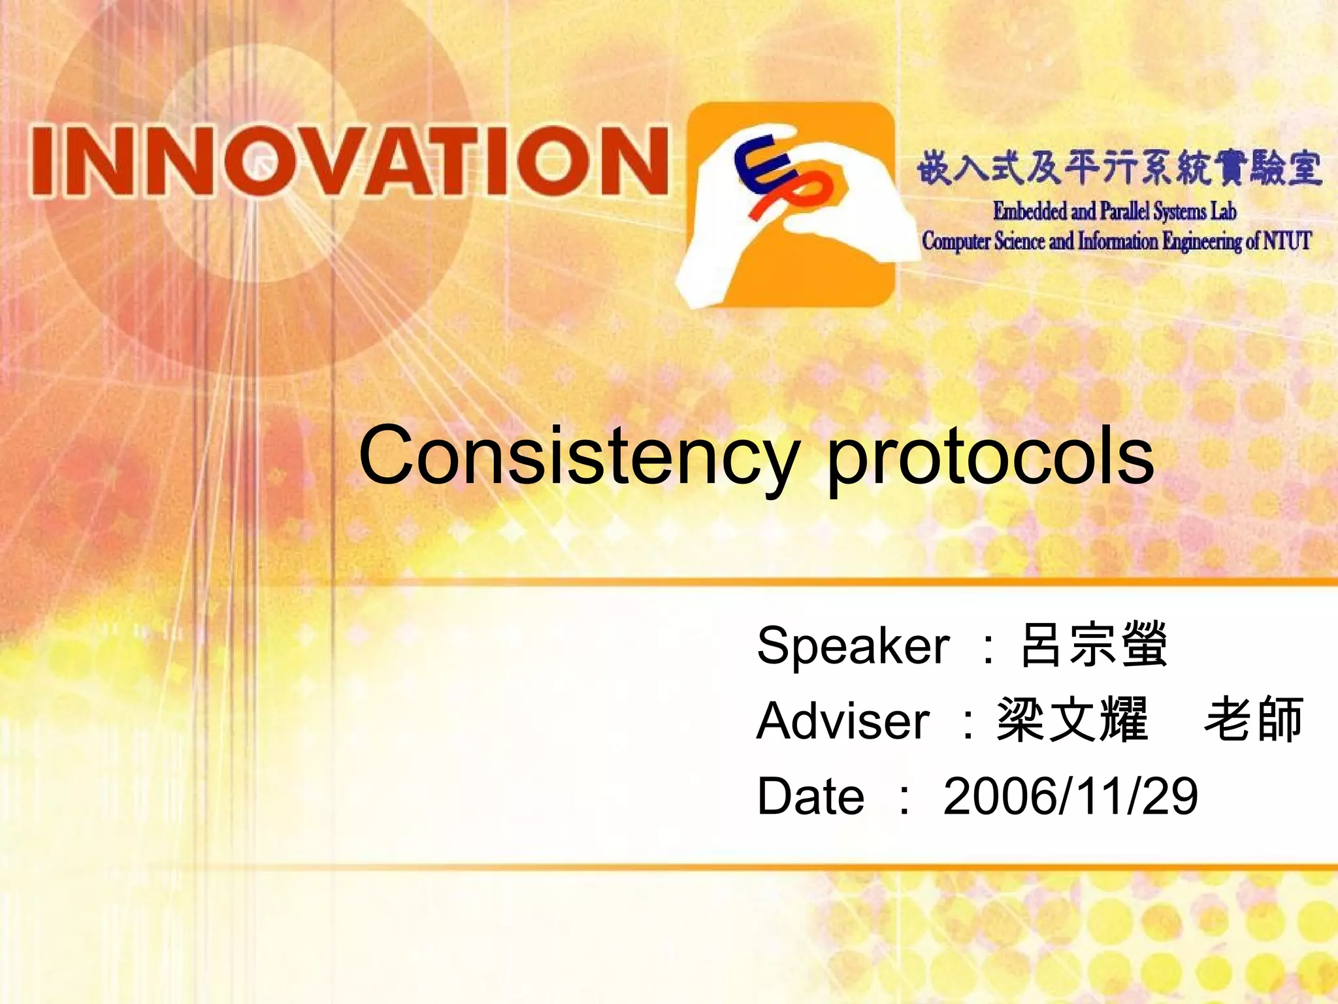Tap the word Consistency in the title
pos(578,456)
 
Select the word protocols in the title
pos(990,458)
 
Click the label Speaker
pos(853,646)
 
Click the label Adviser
pos(843,721)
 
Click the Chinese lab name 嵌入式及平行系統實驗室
pos(1118,168)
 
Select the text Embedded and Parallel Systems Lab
pos(1114,211)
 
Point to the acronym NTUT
pos(1286,241)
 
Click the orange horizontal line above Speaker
pos(849,581)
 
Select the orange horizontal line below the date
pos(849,867)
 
